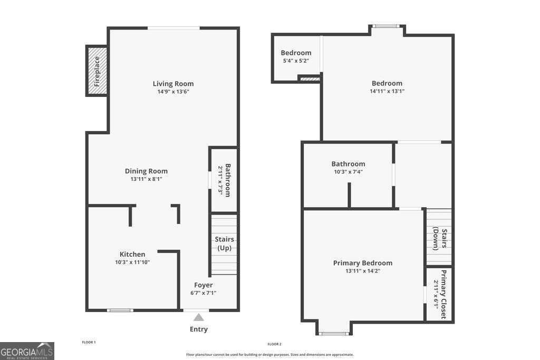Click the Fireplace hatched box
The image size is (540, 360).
click(97, 71)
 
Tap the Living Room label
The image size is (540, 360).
click(173, 83)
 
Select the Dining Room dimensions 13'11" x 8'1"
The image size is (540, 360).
click(146, 179)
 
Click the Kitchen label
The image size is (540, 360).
click(132, 254)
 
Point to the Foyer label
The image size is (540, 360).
click(203, 285)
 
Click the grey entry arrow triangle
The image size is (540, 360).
click(198, 317)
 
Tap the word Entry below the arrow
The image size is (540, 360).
click(199, 329)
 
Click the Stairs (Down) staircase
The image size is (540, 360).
click(439, 237)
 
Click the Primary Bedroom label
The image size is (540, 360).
click(363, 263)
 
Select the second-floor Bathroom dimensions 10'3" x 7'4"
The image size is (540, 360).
click(348, 172)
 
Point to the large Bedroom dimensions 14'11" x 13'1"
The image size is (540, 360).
click(387, 91)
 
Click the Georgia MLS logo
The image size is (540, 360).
click(27, 351)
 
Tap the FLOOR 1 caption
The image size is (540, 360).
click(89, 343)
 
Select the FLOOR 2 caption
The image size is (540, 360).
click(274, 344)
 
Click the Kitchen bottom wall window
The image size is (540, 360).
click(120, 310)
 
